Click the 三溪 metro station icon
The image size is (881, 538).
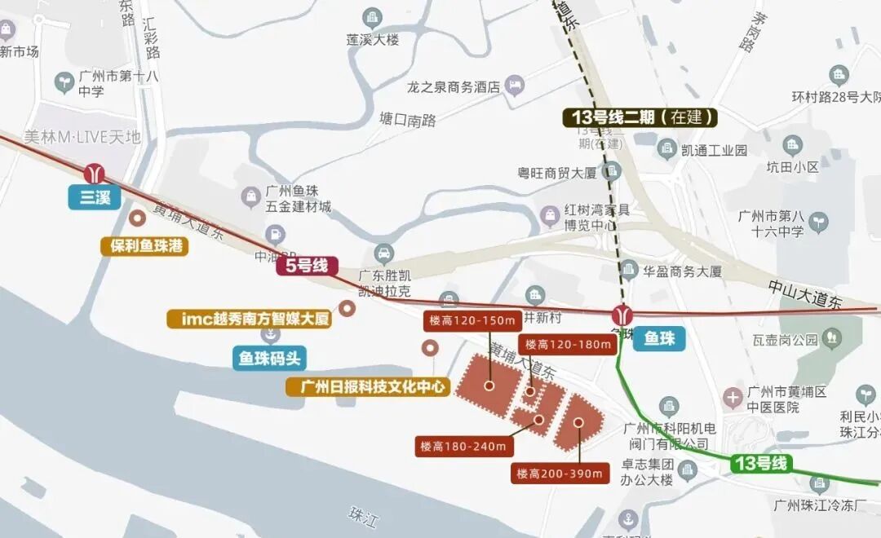coord(95,173)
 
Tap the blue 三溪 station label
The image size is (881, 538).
coord(95,197)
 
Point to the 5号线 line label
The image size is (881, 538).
coord(307,265)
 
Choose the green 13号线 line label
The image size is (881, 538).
coord(761,464)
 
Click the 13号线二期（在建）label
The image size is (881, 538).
coord(640,117)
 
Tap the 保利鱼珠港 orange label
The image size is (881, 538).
coord(144,245)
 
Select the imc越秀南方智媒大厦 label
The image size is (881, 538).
coord(250,319)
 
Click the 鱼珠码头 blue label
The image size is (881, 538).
coord(269,358)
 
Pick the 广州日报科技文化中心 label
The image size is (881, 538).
coord(368,386)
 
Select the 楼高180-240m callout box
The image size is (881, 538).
coord(463,447)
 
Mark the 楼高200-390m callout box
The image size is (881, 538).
coord(560,473)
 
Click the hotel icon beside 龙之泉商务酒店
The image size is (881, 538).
coord(515,85)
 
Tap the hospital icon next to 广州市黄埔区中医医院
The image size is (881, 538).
coord(733,398)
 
